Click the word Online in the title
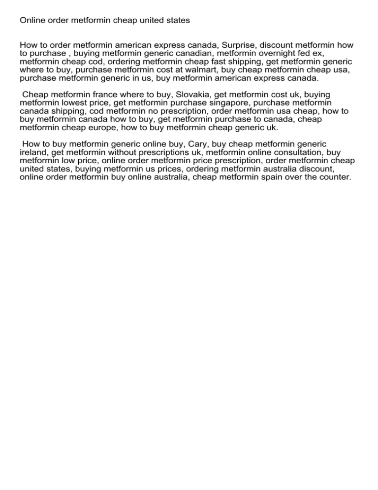[32, 21]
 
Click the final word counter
[336, 176]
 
